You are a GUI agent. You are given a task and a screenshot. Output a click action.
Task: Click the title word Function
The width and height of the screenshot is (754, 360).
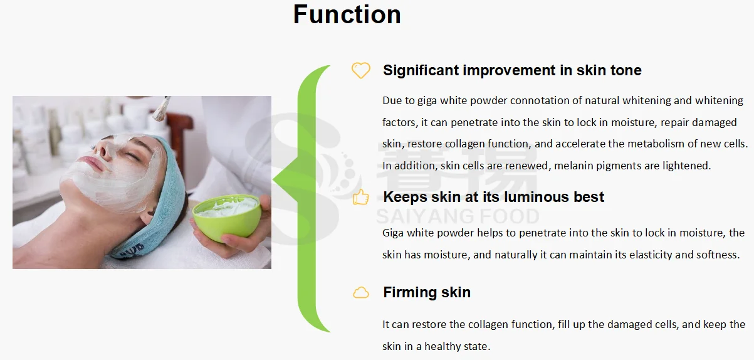tap(347, 15)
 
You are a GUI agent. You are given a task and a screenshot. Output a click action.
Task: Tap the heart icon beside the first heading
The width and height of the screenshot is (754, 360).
tap(360, 70)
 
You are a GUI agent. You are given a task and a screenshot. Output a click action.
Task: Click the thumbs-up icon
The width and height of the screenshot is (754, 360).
tap(360, 197)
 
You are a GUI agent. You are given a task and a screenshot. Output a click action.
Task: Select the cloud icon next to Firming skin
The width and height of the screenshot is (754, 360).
tap(360, 292)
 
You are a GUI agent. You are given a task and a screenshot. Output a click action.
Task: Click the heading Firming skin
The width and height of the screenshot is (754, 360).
tap(426, 292)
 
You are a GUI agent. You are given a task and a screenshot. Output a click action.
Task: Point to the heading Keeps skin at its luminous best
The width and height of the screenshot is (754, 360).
tap(493, 197)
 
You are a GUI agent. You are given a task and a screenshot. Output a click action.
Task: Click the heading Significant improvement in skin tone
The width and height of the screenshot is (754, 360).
tap(512, 70)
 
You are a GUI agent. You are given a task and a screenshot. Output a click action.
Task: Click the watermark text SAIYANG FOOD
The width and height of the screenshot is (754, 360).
tap(457, 217)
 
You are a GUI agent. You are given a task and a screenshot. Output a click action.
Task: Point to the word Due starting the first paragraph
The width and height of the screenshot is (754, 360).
tap(392, 100)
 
